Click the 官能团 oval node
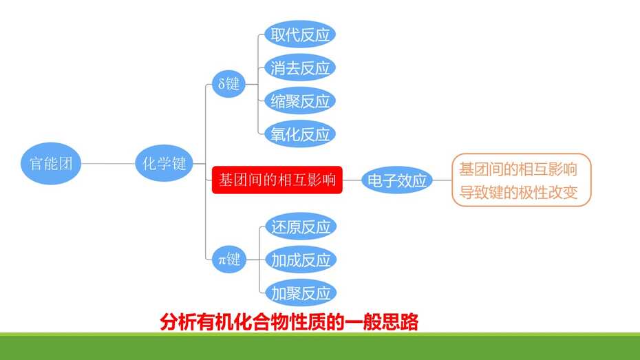pos(51,163)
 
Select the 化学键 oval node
pos(164,163)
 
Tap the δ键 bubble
pos(229,84)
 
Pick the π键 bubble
pos(229,260)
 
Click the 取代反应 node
pos(300,34)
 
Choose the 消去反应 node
pos(300,67)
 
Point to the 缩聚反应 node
pos(300,100)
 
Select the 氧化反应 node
pos(300,134)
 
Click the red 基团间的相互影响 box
pos(277,180)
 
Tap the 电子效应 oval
pos(397,180)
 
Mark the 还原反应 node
pos(301,226)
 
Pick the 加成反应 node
pos(301,260)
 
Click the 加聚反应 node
pos(301,293)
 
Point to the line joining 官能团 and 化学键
pos(108,164)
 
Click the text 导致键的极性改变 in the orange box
pos(518,192)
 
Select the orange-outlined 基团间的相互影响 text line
pos(518,169)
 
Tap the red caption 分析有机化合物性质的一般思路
pos(289,322)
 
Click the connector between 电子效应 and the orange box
pos(442,180)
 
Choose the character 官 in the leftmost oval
pos(36,164)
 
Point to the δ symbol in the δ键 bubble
pos(222,84)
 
